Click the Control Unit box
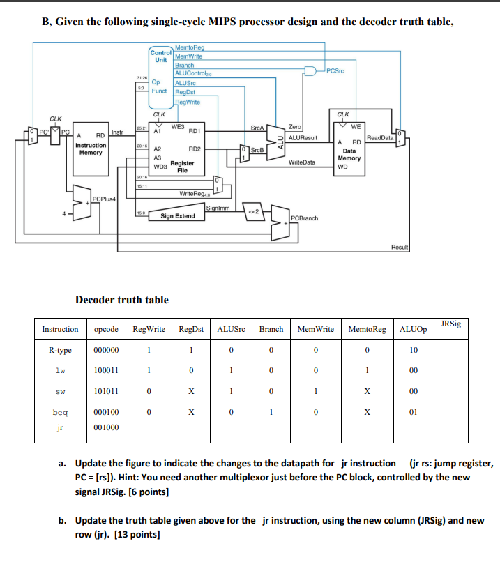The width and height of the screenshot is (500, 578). (x=160, y=56)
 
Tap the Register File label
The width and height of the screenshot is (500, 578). (x=182, y=166)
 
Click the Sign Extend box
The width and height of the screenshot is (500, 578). (x=178, y=216)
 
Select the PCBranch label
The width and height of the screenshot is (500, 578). (x=304, y=218)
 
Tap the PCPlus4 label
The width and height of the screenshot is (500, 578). (x=104, y=201)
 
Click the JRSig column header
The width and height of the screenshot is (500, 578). (x=450, y=324)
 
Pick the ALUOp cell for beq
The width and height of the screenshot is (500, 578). (x=414, y=412)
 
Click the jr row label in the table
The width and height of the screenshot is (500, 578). (x=60, y=429)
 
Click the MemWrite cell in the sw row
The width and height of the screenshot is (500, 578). (x=315, y=391)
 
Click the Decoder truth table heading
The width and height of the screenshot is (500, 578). (x=121, y=300)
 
